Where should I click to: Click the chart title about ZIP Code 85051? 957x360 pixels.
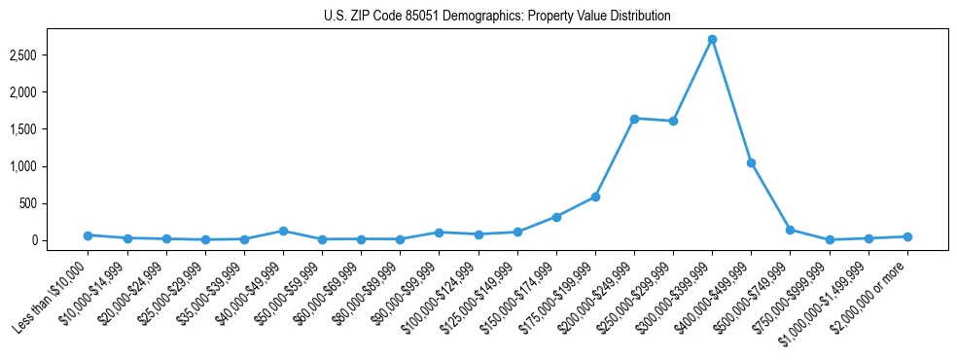[497, 17]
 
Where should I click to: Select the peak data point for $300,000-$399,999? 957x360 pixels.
[712, 39]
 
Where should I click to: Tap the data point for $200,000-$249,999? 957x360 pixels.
[634, 119]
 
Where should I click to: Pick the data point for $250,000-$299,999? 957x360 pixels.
[673, 122]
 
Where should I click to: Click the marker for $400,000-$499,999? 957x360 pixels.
[751, 162]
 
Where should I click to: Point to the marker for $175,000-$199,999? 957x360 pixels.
[595, 197]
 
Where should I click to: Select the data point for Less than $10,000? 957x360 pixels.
[88, 235]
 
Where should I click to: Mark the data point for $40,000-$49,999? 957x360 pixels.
[283, 231]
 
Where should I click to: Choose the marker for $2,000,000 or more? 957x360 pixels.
[907, 236]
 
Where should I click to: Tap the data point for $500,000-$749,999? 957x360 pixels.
[790, 230]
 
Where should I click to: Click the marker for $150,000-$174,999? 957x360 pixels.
[556, 217]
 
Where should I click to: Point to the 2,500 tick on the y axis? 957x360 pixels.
[35, 55]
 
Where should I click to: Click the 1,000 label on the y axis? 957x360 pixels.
[35, 166]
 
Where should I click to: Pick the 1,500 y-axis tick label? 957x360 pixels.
[35, 129]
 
